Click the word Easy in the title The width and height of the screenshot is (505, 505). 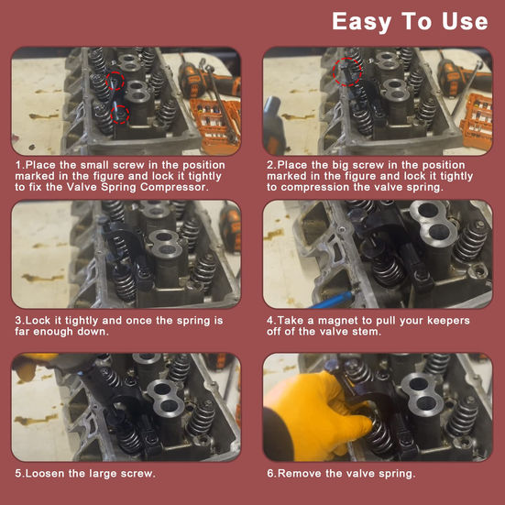coord(362,22)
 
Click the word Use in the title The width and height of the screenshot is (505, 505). coord(465,21)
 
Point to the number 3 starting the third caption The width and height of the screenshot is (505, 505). coord(17,321)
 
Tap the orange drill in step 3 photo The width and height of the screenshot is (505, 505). coord(231,225)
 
